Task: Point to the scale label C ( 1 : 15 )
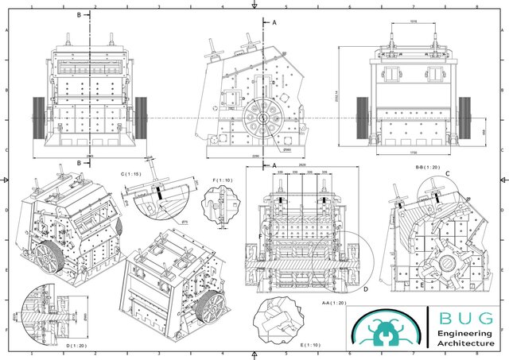[131, 173]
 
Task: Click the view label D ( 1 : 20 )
[77, 346]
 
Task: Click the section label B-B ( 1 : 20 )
[427, 167]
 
